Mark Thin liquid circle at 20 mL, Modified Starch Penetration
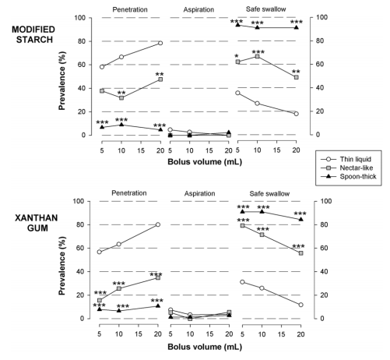pos(160,43)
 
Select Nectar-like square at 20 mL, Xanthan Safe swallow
pos(300,252)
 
